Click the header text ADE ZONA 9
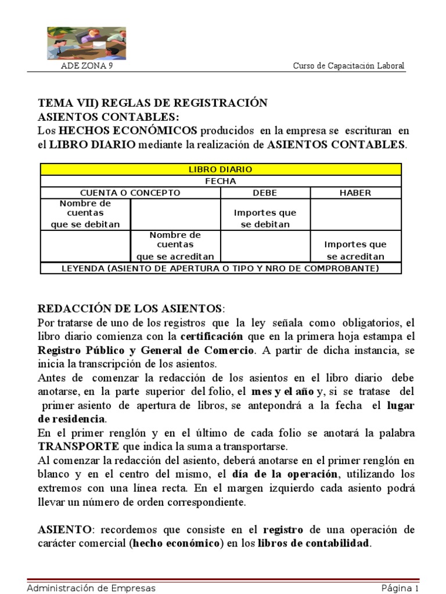tap(88, 66)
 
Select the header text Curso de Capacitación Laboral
tap(348, 66)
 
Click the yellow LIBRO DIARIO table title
tap(220, 169)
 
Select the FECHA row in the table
tap(220, 181)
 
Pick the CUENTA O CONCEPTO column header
tap(130, 193)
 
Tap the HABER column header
tap(355, 193)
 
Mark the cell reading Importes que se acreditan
tap(355, 250)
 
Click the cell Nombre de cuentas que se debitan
tap(85, 214)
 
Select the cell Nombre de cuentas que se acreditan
tap(175, 245)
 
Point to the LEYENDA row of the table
tap(220, 268)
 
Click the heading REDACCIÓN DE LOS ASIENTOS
tap(130, 307)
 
